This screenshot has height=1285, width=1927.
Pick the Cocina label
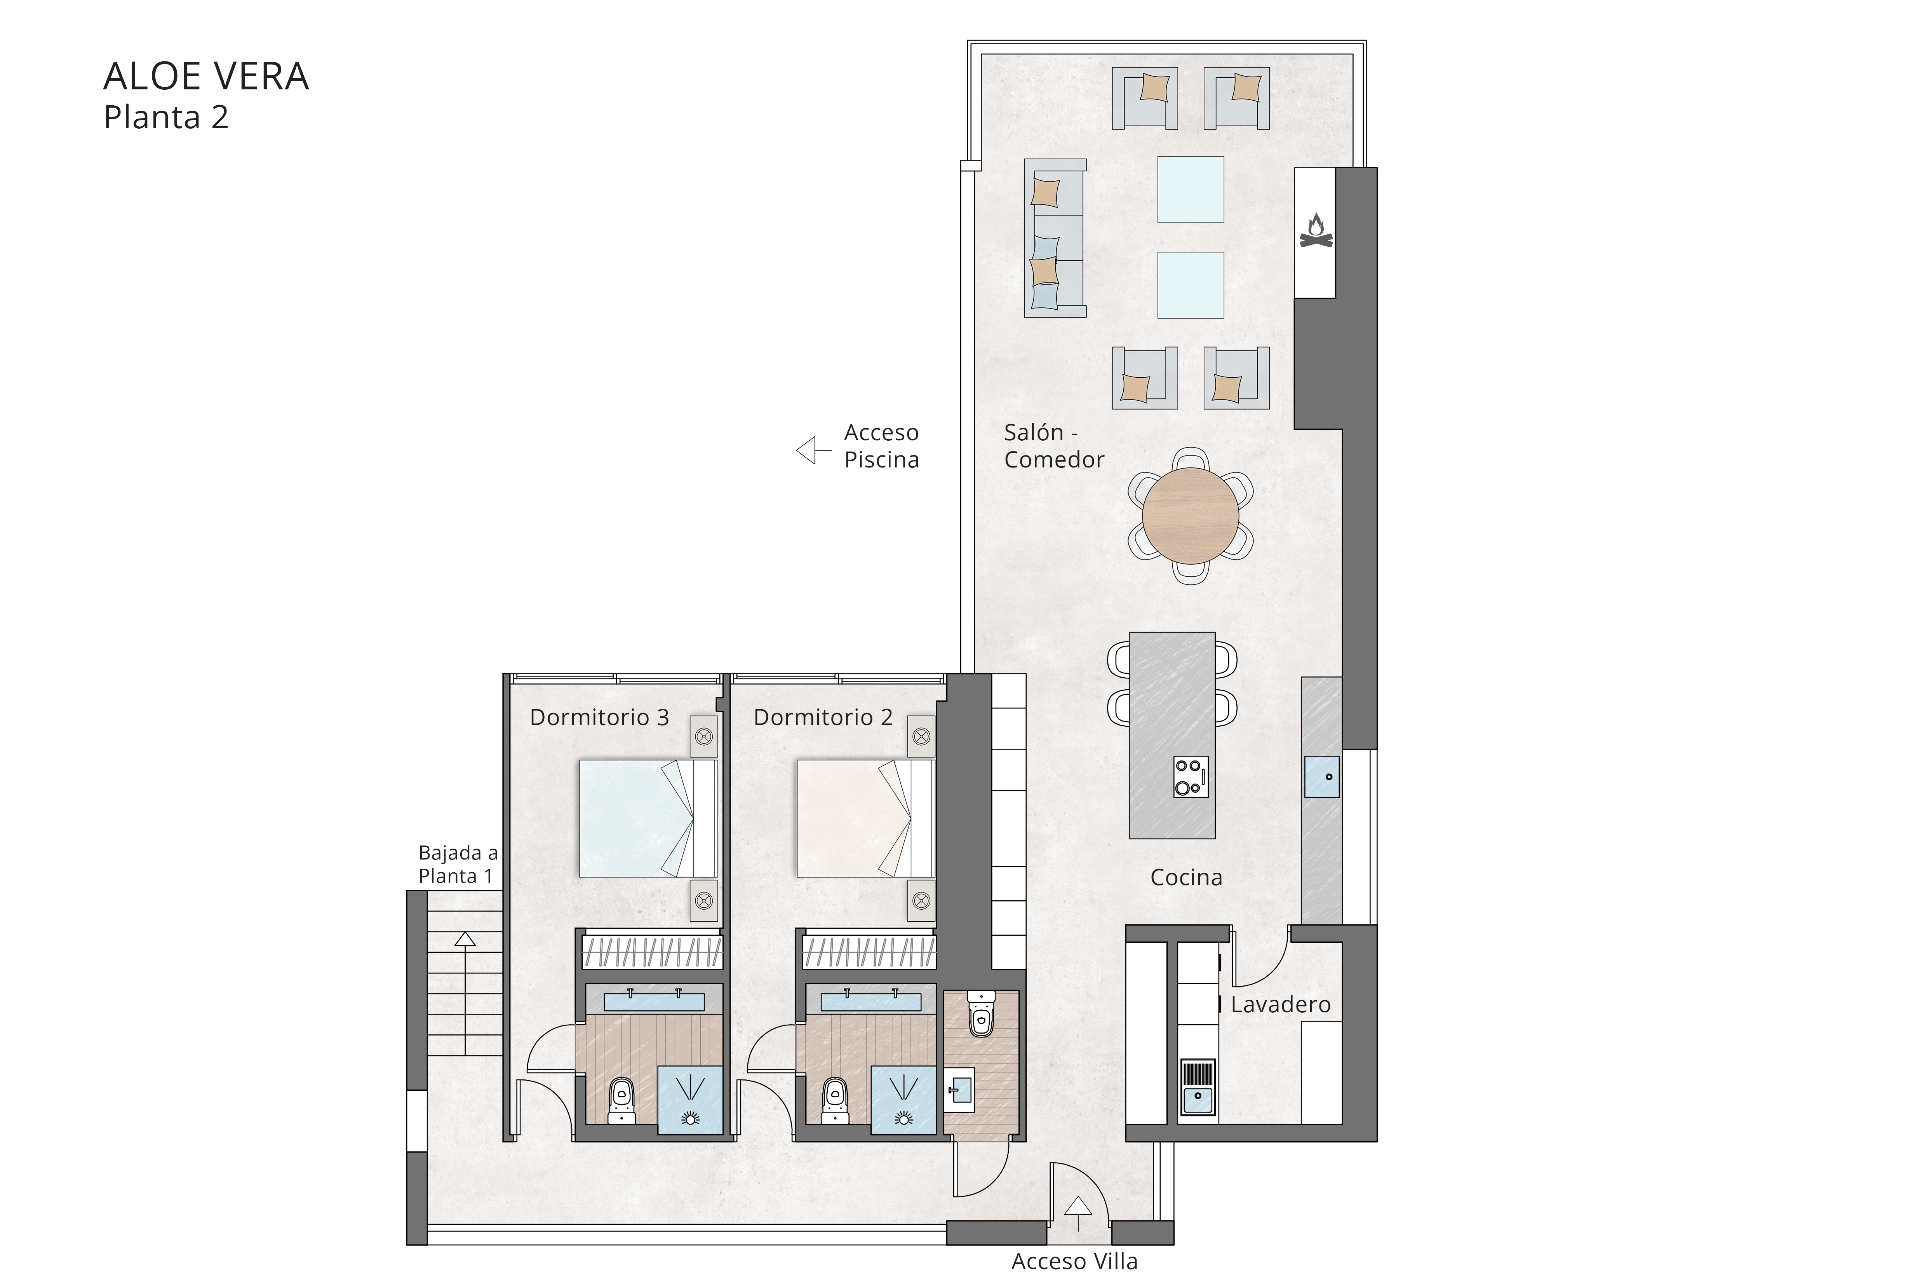[x=1185, y=878]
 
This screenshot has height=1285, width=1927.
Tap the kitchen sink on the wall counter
[x=1321, y=776]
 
